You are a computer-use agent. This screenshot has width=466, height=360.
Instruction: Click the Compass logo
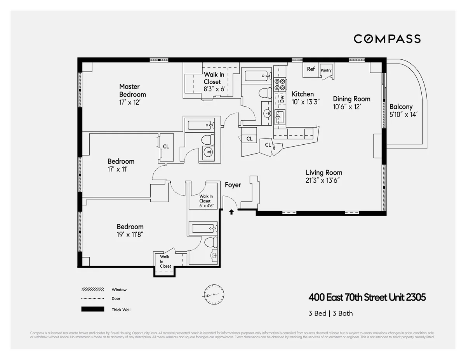[387, 39]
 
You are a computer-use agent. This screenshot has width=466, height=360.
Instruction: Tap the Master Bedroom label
[132, 90]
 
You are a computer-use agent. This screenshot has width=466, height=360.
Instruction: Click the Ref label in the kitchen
[311, 69]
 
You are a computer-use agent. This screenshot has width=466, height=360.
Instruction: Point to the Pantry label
[326, 71]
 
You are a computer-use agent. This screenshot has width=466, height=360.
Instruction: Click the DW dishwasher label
[282, 99]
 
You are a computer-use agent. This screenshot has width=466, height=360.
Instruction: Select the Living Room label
[324, 173]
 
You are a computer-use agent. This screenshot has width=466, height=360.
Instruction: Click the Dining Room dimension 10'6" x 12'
[347, 107]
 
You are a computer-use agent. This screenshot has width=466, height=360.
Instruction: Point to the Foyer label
[233, 185]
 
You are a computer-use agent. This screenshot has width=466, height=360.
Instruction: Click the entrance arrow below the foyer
[231, 212]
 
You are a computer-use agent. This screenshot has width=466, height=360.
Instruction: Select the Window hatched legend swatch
[92, 290]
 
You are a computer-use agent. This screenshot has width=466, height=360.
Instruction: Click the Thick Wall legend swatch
[92, 309]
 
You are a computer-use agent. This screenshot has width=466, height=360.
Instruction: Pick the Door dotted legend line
[92, 299]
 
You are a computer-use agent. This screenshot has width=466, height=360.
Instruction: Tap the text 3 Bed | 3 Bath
[330, 313]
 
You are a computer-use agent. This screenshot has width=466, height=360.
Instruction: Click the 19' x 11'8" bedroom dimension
[130, 234]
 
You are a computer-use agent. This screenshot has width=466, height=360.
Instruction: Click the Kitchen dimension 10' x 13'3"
[305, 102]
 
